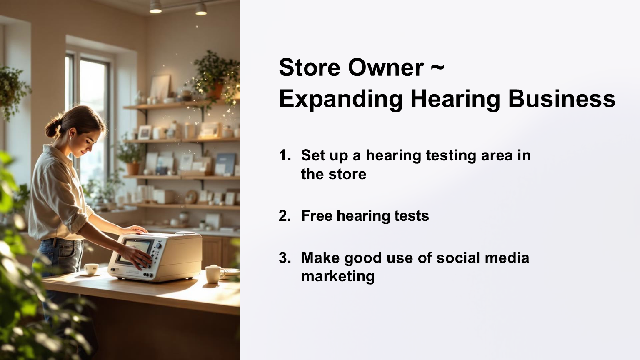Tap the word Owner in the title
[386, 68]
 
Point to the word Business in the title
[562, 99]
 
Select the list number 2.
[285, 216]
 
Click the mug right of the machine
[214, 274]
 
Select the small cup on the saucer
[91, 269]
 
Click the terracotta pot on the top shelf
[216, 90]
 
